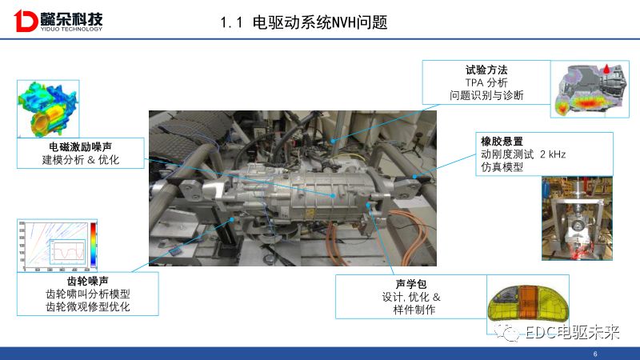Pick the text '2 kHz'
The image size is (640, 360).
click(x=552, y=154)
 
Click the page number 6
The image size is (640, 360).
click(x=595, y=354)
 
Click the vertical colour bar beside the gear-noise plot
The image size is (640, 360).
click(x=94, y=244)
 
